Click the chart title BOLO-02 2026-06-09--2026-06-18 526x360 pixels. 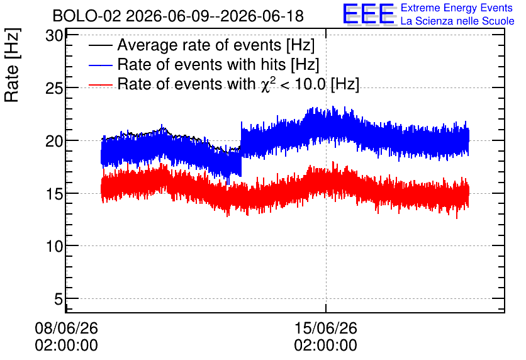pos(178,16)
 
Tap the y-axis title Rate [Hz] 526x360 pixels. pos(12,65)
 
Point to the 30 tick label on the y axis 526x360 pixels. pos(54,36)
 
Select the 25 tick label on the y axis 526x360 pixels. pos(54,88)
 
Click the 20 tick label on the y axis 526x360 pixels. pos(54,141)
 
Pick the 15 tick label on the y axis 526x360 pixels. pos(54,194)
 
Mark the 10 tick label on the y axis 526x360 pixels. pos(54,246)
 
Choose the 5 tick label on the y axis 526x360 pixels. pos(59,298)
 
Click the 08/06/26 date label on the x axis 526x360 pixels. pos(67,328)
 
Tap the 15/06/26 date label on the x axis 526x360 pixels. pos(326,328)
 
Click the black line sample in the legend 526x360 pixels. pos(100,45)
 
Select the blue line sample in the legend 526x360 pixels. pos(100,65)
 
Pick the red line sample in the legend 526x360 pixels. pos(100,85)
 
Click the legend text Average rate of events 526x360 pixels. pos(199,45)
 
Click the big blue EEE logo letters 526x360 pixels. pos(369,14)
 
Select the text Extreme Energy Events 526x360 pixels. pos(457,8)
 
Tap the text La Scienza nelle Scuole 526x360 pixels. pos(457,21)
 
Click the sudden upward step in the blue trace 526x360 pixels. pos(241,148)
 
